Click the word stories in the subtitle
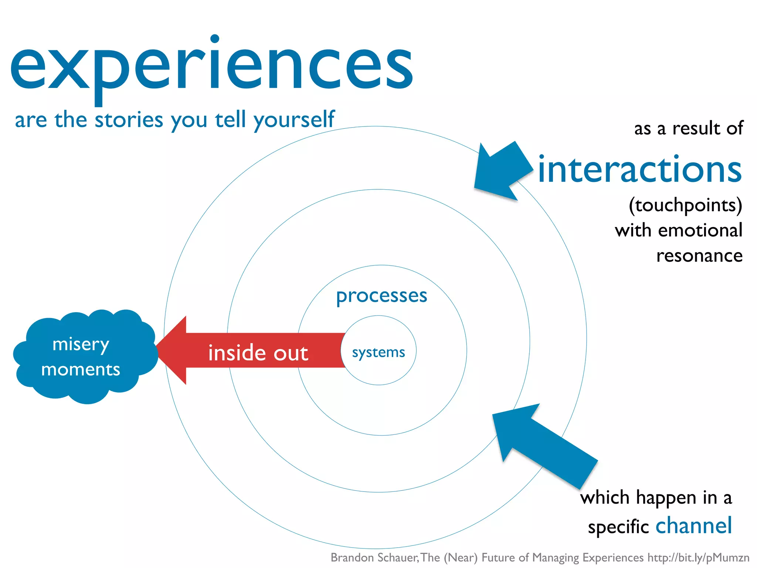coord(129,120)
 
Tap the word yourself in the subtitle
coord(294,120)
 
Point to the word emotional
coord(700,230)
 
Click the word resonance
coord(699,256)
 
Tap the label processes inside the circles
coord(381,296)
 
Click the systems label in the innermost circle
coord(378,352)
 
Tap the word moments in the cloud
coord(81,369)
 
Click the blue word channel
coord(693,525)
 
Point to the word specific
coord(618,527)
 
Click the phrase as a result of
coord(688,129)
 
